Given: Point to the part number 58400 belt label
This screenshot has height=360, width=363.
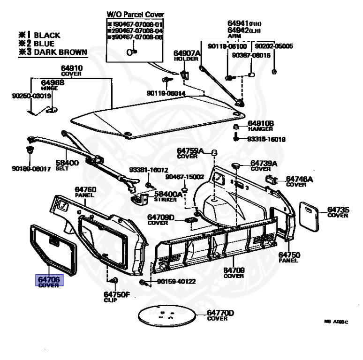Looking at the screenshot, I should click(x=68, y=163).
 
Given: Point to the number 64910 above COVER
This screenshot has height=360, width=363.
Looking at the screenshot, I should click(x=71, y=68).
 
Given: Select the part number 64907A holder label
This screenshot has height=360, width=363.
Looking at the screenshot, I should click(x=187, y=53).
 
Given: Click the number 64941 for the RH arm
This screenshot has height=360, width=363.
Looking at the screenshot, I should click(x=238, y=22).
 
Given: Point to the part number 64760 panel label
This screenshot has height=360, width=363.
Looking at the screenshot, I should click(x=85, y=190).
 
